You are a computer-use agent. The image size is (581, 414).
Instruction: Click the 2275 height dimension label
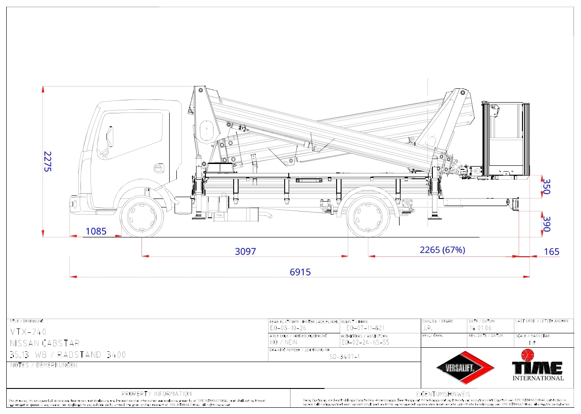coord(48,162)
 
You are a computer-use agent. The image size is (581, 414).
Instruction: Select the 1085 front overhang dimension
coord(96,231)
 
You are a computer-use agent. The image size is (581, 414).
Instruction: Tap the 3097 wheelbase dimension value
coord(245,251)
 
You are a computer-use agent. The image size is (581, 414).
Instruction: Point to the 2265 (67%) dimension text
coord(442,250)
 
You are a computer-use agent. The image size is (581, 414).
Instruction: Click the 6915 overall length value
coord(300,272)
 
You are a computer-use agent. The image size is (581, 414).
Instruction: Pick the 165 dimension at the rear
coord(551,252)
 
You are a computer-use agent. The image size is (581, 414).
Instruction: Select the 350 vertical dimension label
coord(545,186)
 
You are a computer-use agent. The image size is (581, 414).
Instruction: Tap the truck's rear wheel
coord(368,218)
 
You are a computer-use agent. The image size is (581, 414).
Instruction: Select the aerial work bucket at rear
coord(505,140)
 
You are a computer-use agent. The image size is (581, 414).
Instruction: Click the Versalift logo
coord(466,368)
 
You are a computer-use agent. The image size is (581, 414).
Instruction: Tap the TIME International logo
coord(538,368)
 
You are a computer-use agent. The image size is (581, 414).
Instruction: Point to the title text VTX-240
coord(28,332)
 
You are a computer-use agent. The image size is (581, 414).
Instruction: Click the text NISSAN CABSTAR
coord(45,344)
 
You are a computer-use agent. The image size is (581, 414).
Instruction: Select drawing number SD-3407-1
coord(344,357)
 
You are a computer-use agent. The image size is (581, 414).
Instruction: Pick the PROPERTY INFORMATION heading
coord(157,394)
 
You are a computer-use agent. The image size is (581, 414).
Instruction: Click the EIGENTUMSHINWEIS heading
coord(443,394)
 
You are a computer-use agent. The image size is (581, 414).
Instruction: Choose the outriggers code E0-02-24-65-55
coord(365,342)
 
